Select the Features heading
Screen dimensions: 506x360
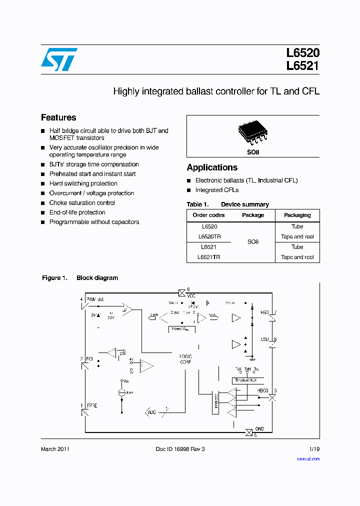58,118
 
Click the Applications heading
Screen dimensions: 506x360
212,167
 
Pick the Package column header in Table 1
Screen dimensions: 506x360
253,215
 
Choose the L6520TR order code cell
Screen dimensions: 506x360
209,236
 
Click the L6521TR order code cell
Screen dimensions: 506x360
209,256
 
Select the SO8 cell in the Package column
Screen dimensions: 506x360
253,242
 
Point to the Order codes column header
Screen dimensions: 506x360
209,215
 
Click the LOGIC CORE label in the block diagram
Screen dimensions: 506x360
185,359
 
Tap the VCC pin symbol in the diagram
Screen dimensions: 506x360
181,292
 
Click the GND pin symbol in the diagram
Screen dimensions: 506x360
248,432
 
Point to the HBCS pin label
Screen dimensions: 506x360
262,390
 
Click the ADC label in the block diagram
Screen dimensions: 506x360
152,412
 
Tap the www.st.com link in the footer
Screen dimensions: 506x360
308,459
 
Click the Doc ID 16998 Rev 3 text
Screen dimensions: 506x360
180,449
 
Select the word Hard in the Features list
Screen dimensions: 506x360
56,183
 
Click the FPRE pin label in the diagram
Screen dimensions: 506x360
92,405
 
